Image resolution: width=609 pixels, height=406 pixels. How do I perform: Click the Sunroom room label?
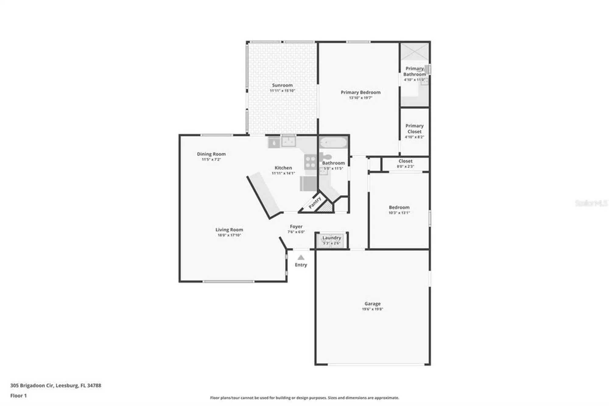282,85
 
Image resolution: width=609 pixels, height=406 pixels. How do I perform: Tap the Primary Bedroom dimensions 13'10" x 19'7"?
361,98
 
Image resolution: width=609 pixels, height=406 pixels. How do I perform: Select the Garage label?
372,304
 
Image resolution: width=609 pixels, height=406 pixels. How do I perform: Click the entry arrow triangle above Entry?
301,258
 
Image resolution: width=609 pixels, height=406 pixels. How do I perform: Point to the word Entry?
301,265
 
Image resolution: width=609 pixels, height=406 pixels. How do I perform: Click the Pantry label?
315,203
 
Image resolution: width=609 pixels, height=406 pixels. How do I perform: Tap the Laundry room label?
332,238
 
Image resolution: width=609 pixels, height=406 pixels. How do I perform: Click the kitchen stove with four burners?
310,162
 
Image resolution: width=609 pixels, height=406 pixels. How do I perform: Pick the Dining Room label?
211,154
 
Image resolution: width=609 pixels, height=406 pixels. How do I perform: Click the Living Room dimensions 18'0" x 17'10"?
229,235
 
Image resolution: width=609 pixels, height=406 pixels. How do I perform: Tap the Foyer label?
296,226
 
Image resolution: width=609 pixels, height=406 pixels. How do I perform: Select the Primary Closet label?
414,129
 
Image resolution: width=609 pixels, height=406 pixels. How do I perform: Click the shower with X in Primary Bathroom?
414,51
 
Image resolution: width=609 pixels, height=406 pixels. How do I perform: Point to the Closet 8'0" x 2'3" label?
405,163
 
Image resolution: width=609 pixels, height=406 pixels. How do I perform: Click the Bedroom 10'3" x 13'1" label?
399,210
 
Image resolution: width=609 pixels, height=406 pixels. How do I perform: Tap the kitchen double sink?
288,141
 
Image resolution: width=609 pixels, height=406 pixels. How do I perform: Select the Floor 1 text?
19,396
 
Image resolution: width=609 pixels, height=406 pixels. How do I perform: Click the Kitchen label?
283,168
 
